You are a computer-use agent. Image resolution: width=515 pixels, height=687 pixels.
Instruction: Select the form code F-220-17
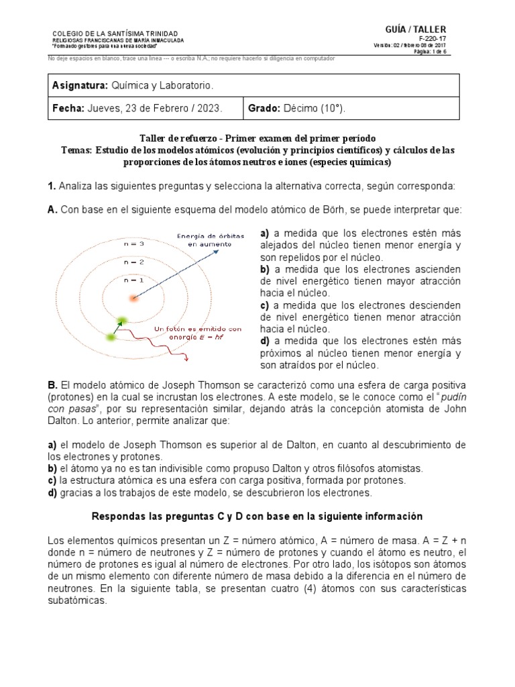pyautogui.click(x=437, y=39)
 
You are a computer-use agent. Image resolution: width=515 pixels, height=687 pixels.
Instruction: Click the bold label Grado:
pyautogui.click(x=264, y=108)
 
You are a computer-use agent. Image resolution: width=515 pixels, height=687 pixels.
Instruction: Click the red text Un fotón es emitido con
pyautogui.click(x=197, y=329)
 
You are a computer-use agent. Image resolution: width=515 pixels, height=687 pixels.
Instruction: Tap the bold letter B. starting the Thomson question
pyautogui.click(x=53, y=385)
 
